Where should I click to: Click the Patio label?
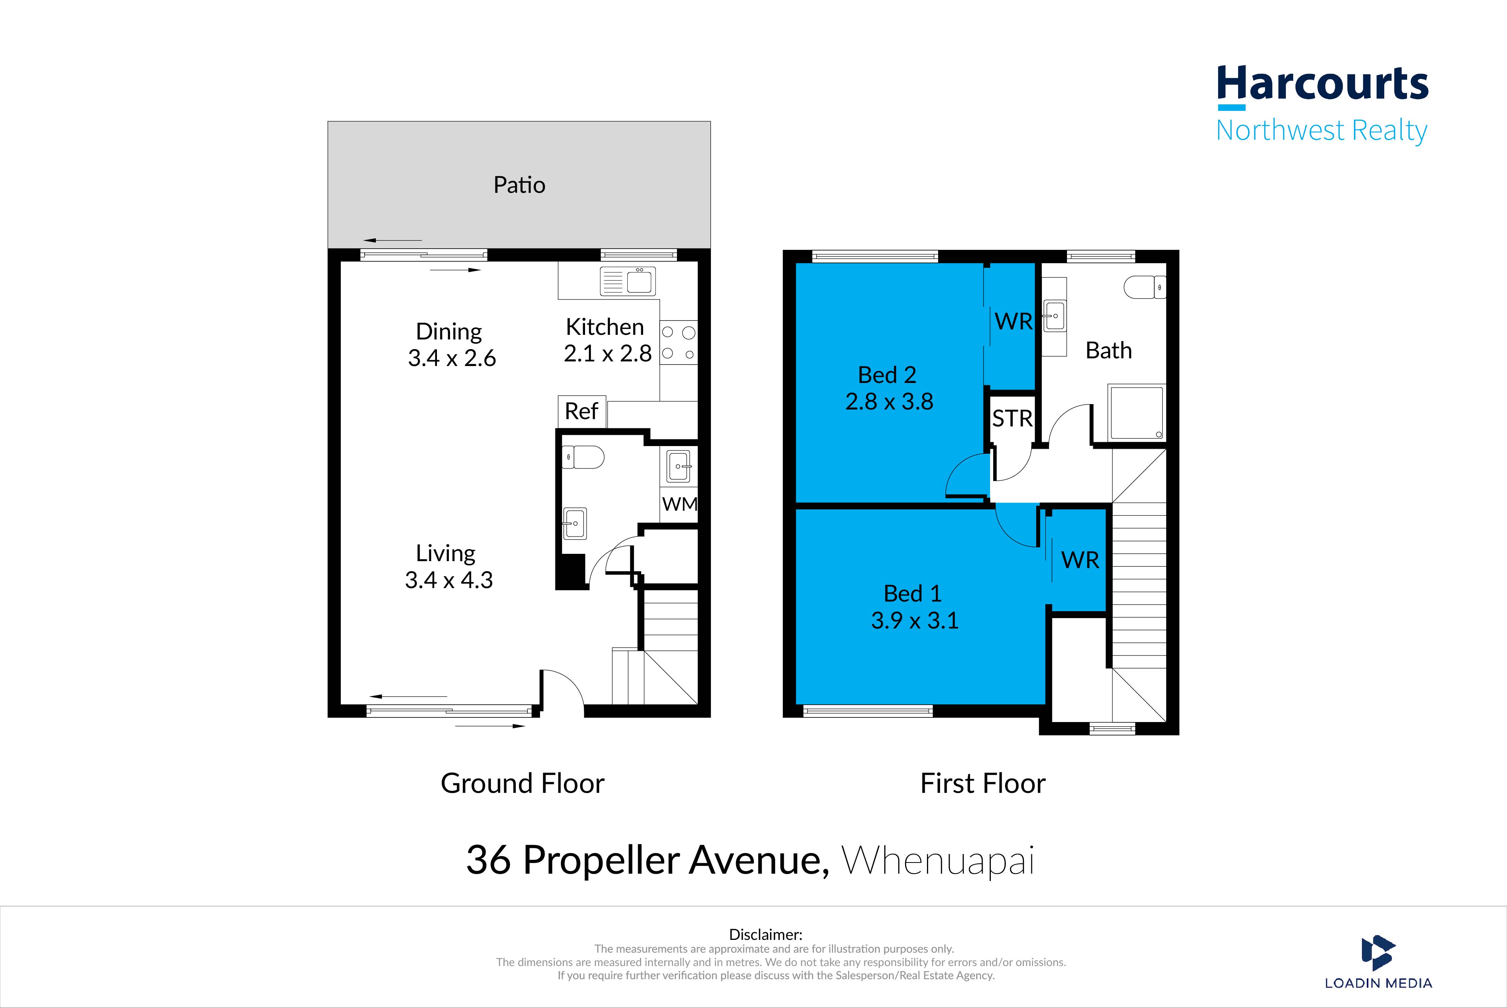pos(519,185)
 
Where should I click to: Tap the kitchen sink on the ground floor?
pos(628,281)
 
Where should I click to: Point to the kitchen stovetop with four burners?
pos(679,343)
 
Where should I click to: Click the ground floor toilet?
pos(583,458)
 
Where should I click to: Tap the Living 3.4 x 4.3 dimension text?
pos(448,580)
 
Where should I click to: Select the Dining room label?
pos(448,332)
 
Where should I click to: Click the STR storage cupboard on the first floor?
pos(1012,418)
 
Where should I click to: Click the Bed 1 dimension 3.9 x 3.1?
pos(915,620)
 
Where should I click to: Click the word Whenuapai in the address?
pos(939,861)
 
